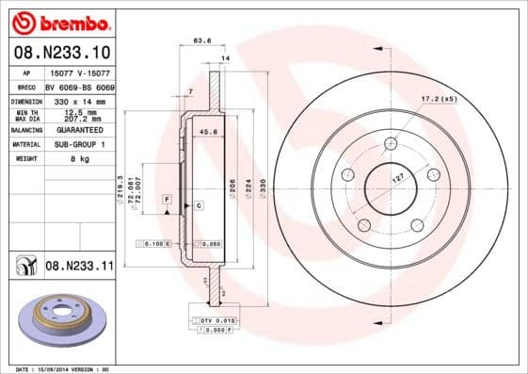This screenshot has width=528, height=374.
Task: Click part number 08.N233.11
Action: click(x=79, y=267)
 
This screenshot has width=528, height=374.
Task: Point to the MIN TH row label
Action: click(x=24, y=112)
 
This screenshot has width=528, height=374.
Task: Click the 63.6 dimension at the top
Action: click(x=200, y=41)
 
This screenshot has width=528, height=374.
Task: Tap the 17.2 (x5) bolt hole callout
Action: click(x=439, y=99)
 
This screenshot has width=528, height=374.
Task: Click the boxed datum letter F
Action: click(x=166, y=201)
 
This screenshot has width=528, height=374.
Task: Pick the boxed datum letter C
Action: click(x=200, y=204)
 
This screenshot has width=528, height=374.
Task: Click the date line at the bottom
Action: click(x=64, y=368)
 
